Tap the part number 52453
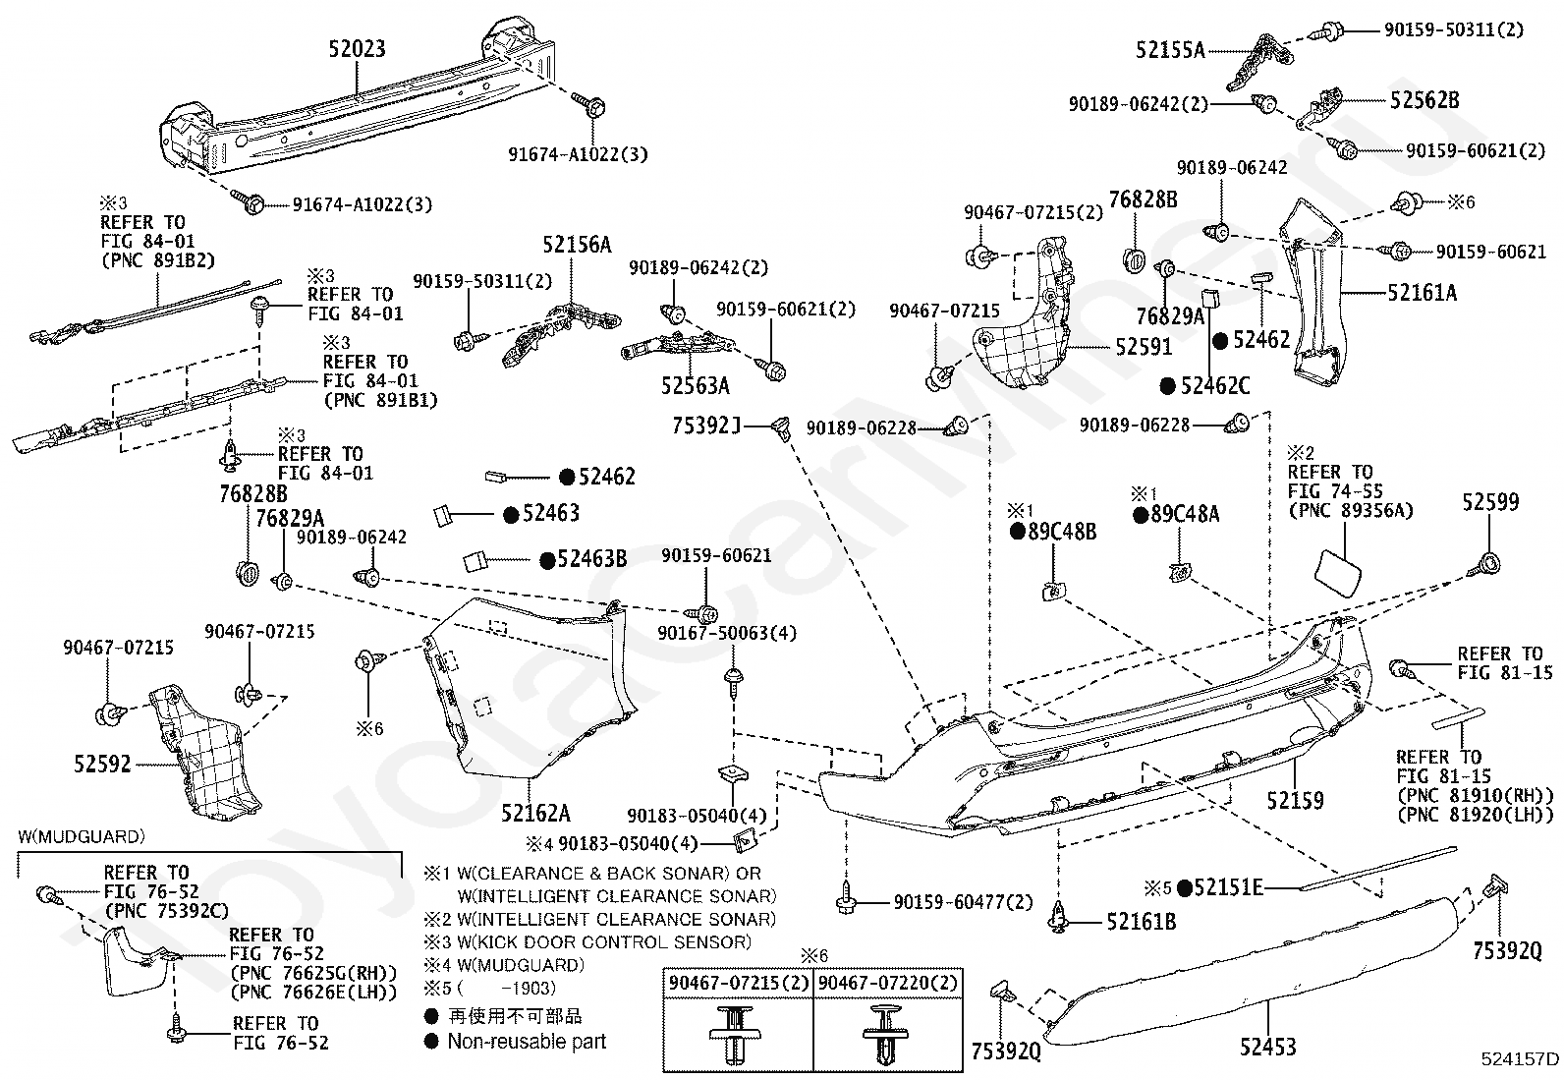pos(1267,1048)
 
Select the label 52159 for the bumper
pos(1295,801)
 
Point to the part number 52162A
pos(535,813)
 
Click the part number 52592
pos(102,764)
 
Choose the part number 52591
pos(1144,348)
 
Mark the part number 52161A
pos(1422,292)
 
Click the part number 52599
pos(1489,502)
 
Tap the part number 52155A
pos(1170,50)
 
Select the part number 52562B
pos(1424,100)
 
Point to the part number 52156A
pos(577,245)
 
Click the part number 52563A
pos(695,386)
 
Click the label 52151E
pos(1227,887)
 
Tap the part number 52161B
pos(1141,922)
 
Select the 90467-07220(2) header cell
pos(886,983)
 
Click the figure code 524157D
pos(1520,1058)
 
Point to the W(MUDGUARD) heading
pos(82,837)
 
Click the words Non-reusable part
pos(527,1042)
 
